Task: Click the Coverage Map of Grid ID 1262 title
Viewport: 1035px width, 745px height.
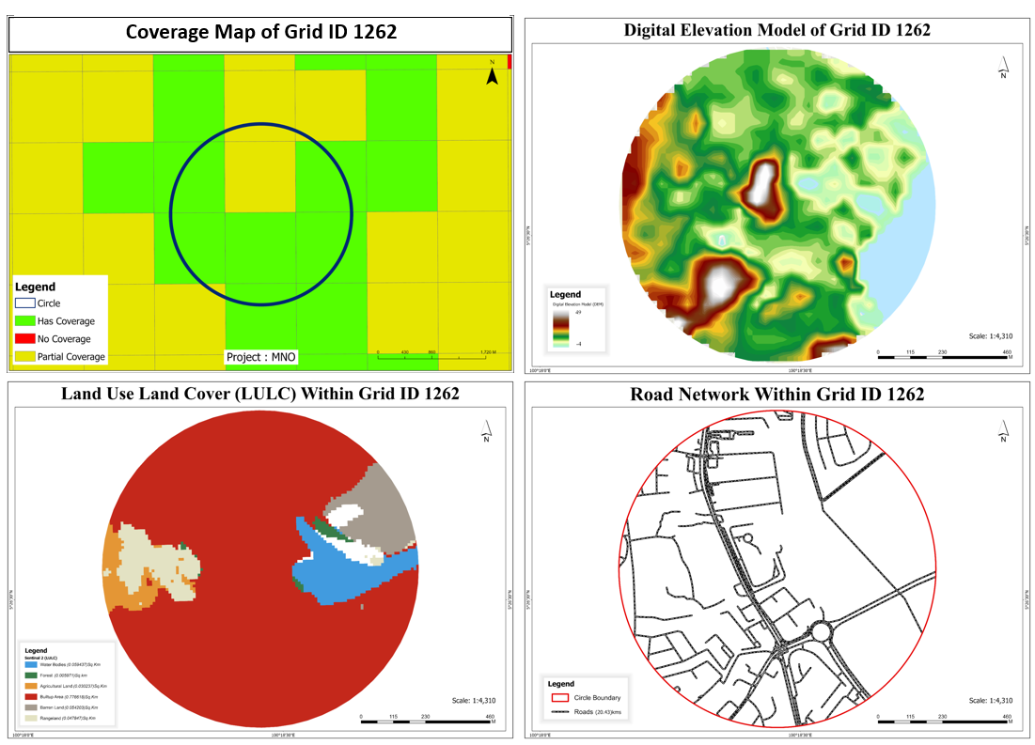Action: (x=260, y=32)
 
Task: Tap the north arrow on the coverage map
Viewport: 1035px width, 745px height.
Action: (x=492, y=74)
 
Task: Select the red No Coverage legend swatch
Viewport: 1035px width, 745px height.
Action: (x=24, y=338)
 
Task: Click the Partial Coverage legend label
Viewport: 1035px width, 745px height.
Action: (x=71, y=357)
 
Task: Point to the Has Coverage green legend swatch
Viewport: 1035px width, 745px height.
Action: (x=24, y=321)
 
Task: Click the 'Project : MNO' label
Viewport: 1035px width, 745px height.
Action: (x=260, y=357)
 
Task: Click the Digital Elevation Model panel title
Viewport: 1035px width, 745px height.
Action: (x=776, y=30)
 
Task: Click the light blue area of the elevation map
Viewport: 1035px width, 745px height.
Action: (x=898, y=235)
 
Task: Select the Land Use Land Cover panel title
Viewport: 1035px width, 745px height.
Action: (x=260, y=394)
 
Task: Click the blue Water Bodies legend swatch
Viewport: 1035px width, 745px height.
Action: (x=31, y=663)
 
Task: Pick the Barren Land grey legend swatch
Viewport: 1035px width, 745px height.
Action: (x=31, y=706)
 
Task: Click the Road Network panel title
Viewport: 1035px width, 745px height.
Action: (x=776, y=394)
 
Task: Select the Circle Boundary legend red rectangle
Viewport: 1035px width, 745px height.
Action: (x=558, y=698)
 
